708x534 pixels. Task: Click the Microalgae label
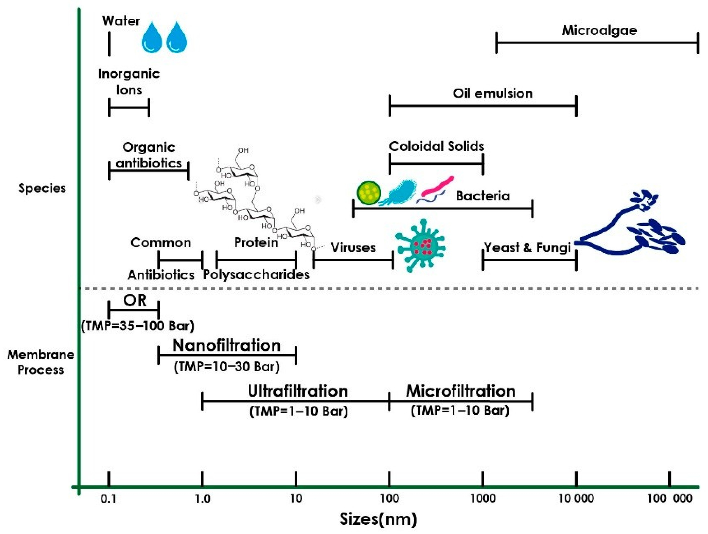point(599,31)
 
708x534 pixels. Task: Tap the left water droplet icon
point(152,38)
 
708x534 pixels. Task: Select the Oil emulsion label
point(493,93)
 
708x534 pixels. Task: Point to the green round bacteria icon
point(369,193)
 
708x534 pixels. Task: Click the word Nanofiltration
point(227,346)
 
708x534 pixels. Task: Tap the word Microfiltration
point(461,391)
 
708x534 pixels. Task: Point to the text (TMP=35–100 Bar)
point(138,326)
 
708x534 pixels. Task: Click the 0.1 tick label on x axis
point(109,499)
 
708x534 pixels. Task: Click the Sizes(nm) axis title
point(378,519)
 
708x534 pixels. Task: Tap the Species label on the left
point(42,188)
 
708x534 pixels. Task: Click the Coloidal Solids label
point(436,147)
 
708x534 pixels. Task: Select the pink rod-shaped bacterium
point(437,186)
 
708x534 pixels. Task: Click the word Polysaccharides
point(256,275)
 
